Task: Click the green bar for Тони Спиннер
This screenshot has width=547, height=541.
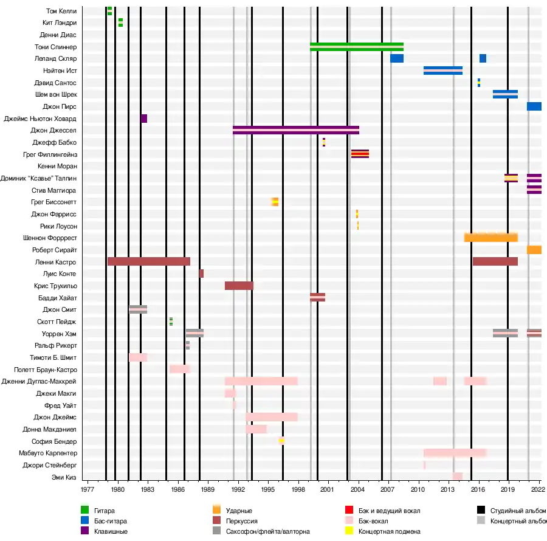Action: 356,47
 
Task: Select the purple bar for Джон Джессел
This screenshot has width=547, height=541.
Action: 295,130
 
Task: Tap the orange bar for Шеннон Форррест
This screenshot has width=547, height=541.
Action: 490,238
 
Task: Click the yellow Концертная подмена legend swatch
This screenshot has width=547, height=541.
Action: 349,531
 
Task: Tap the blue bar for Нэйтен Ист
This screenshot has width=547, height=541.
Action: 442,71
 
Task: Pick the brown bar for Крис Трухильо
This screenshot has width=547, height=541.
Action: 239,286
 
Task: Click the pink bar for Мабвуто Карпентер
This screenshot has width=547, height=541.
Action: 455,453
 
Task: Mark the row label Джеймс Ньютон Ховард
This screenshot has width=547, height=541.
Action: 40,119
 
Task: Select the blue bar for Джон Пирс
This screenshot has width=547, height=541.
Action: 534,106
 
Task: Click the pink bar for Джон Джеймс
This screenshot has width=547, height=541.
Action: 271,417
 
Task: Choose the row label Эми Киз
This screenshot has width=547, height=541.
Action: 64,477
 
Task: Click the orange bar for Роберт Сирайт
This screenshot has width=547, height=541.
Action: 534,250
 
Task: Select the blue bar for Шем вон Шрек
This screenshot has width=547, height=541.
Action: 505,94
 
